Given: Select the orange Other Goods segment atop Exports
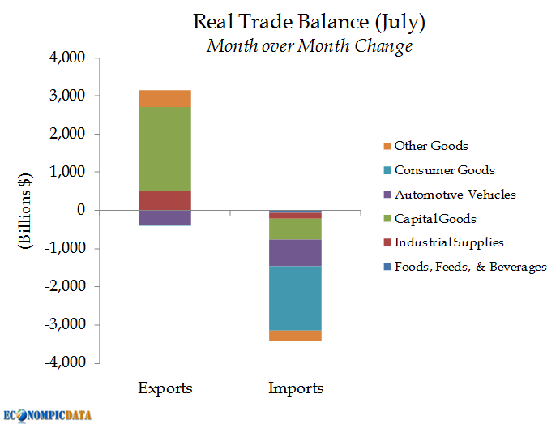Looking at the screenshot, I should pyautogui.click(x=165, y=98).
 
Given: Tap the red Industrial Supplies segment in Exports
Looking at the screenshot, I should pyautogui.click(x=165, y=200).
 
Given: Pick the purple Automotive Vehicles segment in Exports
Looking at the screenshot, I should pyautogui.click(x=165, y=217).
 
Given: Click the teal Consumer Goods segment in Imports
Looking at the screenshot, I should pyautogui.click(x=296, y=298).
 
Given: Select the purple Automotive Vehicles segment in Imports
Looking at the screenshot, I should pyautogui.click(x=296, y=253).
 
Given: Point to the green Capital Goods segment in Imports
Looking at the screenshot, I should pyautogui.click(x=296, y=229).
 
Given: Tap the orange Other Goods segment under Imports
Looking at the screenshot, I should pyautogui.click(x=296, y=336).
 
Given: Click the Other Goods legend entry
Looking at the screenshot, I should pyautogui.click(x=430, y=146).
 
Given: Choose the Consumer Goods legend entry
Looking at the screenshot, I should pyautogui.click(x=444, y=170).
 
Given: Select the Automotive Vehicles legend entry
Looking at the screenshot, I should pyautogui.click(x=455, y=195).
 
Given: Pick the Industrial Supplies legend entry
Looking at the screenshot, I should pyautogui.click(x=449, y=242).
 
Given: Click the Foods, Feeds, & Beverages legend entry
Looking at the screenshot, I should pyautogui.click(x=470, y=267).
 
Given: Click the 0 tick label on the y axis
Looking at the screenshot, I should pyautogui.click(x=81, y=211).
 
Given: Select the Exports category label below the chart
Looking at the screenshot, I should pyautogui.click(x=165, y=388).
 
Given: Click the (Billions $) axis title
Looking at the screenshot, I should pyautogui.click(x=27, y=210).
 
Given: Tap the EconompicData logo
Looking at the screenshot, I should pyautogui.click(x=48, y=414).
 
